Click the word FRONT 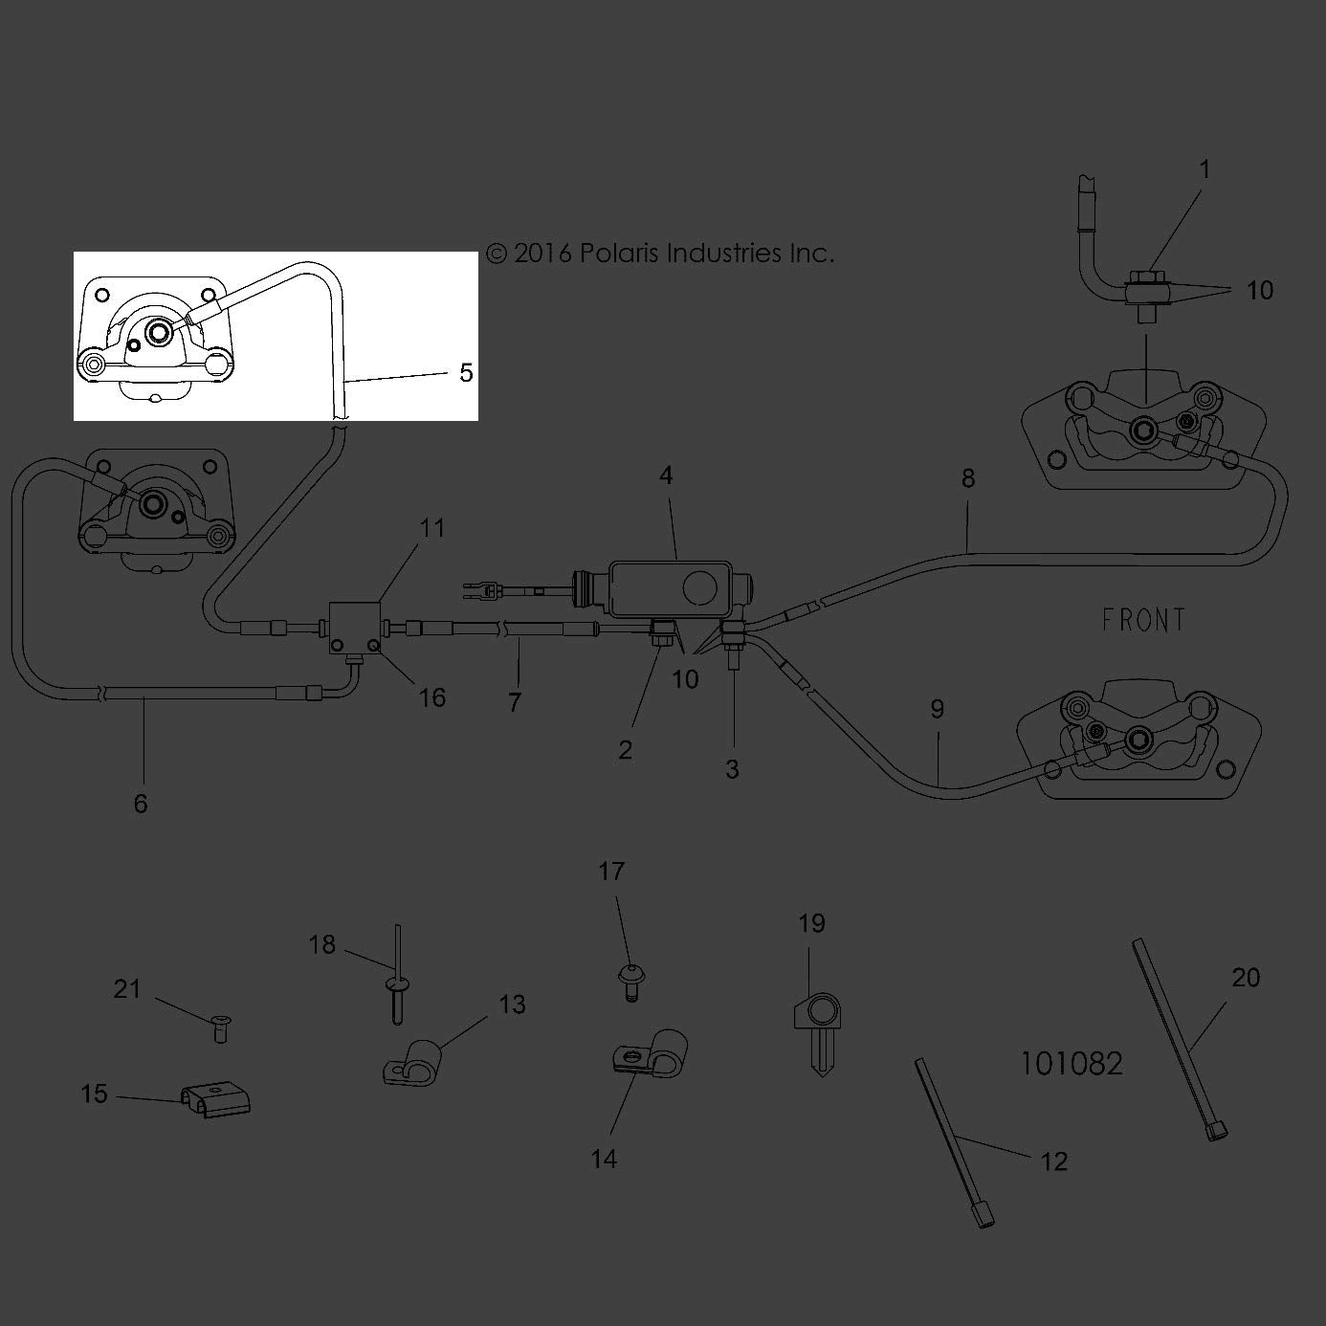pos(1143,620)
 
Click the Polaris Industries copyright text pos(660,254)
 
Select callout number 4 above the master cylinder pos(666,475)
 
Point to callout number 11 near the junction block pos(432,528)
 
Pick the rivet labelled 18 pos(396,974)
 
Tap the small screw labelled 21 pos(221,1029)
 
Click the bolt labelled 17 pos(631,983)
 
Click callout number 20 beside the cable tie pos(1246,977)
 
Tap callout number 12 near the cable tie pos(1053,1161)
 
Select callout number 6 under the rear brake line pos(141,803)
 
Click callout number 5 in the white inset pos(466,373)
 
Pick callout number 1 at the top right pos(1204,169)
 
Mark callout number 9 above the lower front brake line pos(938,709)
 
